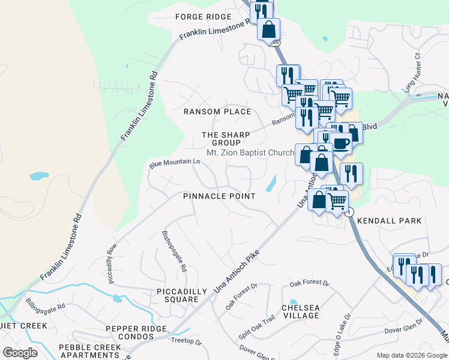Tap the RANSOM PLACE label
pos(217,112)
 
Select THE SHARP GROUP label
pos(221,139)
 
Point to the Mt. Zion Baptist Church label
pos(250,153)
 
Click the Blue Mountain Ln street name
pos(174,163)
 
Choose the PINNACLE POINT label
pos(220,196)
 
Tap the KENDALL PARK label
pos(390,221)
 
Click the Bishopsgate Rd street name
pos(175,250)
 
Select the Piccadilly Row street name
pos(112,263)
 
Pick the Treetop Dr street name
pos(186,341)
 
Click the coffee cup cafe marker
pos(341,144)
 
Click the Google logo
pos(20,353)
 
